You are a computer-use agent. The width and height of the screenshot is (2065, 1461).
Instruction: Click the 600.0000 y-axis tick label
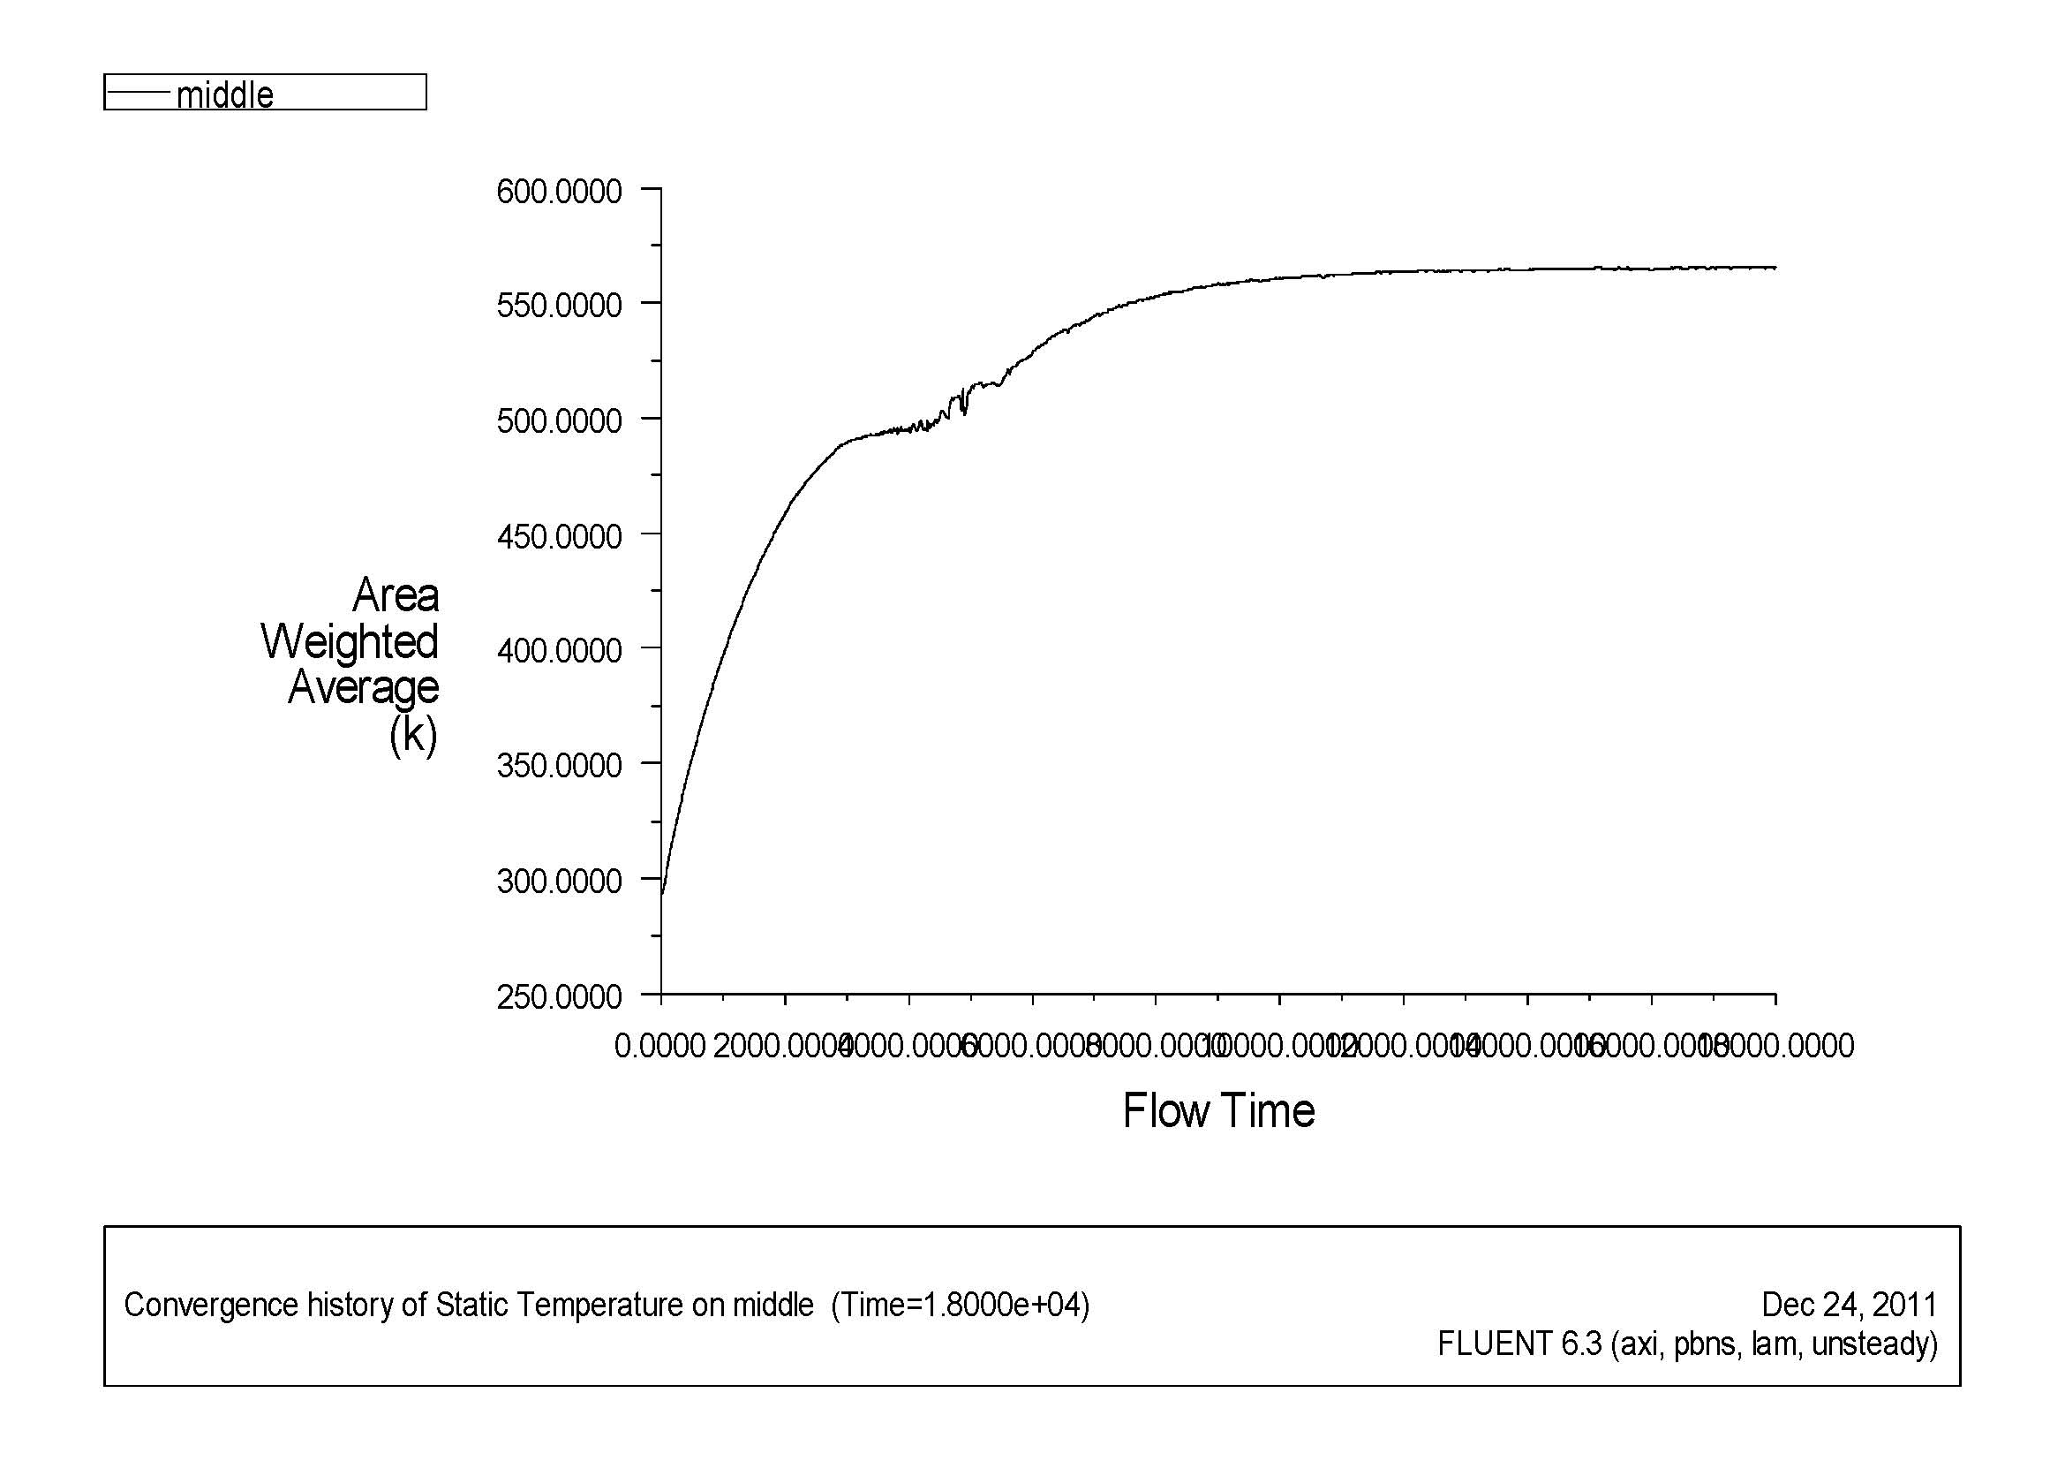[x=559, y=192]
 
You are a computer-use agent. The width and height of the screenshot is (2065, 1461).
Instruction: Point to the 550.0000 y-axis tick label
[x=559, y=306]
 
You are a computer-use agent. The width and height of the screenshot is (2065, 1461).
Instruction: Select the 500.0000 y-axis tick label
[x=559, y=421]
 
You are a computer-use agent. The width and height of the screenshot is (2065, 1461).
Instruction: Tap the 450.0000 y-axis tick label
[x=559, y=536]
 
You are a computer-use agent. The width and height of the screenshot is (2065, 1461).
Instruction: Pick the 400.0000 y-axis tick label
[x=559, y=650]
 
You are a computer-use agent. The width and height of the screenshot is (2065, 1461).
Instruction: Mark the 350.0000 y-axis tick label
[x=559, y=766]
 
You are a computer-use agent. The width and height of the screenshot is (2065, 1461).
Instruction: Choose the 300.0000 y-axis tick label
[x=559, y=881]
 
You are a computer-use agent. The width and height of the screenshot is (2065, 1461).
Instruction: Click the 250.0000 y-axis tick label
[x=559, y=996]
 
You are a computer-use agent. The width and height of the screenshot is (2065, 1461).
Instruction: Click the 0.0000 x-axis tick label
[x=659, y=1046]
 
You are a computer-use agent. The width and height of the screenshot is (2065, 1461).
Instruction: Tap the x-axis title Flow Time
[x=1218, y=1111]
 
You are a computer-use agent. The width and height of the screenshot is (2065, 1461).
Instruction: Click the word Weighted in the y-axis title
[x=349, y=641]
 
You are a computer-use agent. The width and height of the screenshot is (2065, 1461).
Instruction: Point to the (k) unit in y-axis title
[x=413, y=735]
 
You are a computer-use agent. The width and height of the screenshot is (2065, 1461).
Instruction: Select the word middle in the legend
[x=225, y=95]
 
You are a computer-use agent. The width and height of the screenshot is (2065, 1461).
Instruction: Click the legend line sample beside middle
[x=139, y=92]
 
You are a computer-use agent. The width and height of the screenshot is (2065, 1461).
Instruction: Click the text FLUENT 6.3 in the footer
[x=1520, y=1344]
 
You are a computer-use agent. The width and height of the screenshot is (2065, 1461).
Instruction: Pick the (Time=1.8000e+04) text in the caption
[x=960, y=1305]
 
